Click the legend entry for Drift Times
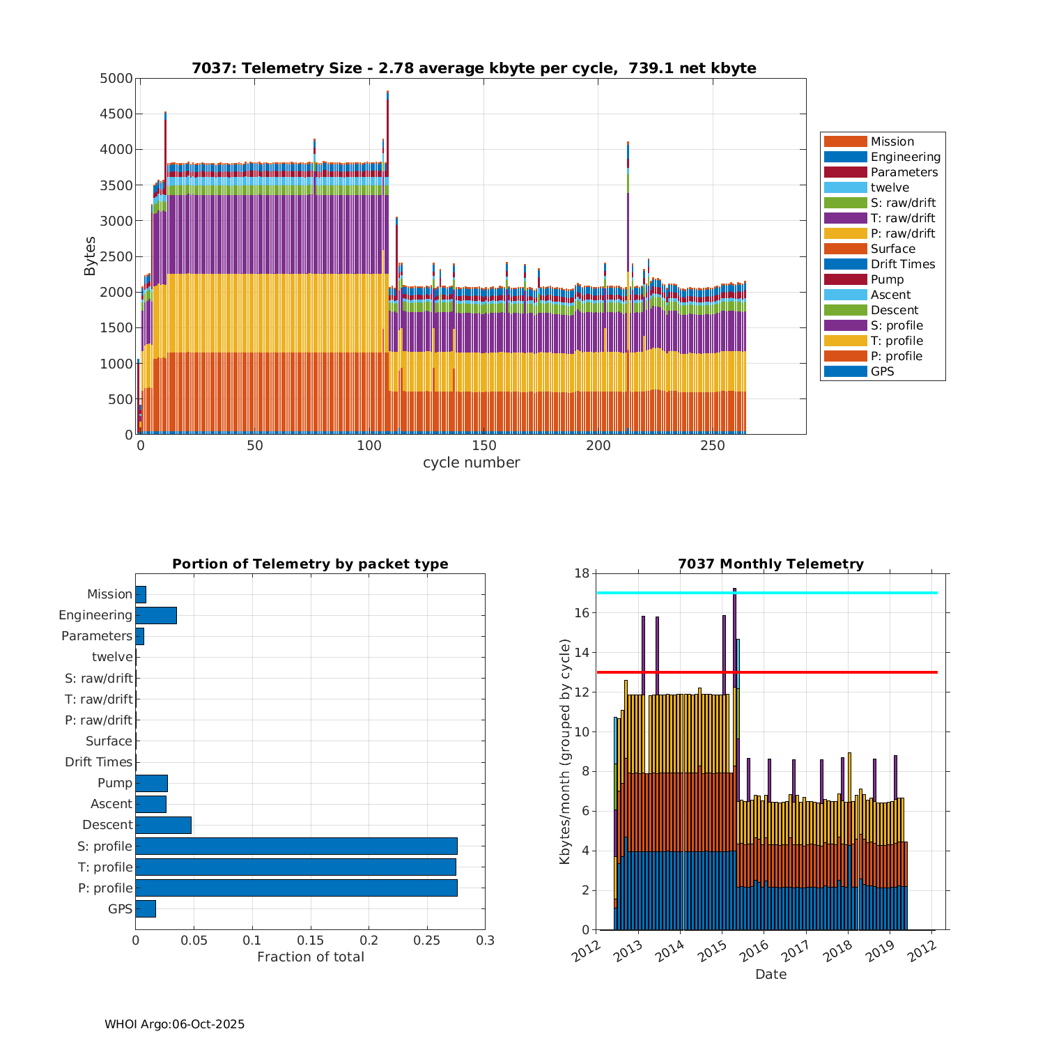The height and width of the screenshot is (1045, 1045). [x=902, y=264]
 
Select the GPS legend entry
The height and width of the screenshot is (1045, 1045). [x=882, y=371]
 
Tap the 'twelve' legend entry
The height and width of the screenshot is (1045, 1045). [x=890, y=187]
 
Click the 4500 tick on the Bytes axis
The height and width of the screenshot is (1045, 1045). [x=116, y=114]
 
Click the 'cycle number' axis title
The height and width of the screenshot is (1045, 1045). [x=471, y=463]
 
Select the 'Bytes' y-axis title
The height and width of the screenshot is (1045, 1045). [x=91, y=256]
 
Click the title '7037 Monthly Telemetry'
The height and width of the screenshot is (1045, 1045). [x=771, y=564]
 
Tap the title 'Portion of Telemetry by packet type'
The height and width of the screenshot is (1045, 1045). [x=310, y=564]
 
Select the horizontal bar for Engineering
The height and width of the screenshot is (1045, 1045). [x=156, y=615]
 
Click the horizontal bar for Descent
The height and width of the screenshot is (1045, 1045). [x=163, y=825]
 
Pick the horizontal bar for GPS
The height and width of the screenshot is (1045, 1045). [x=146, y=908]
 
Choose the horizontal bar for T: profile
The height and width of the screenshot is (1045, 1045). [x=295, y=867]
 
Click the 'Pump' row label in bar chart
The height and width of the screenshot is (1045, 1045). [x=115, y=783]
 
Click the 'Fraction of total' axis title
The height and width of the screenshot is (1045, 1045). [x=310, y=957]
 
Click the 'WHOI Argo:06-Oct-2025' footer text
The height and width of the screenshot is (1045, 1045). [x=175, y=1024]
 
